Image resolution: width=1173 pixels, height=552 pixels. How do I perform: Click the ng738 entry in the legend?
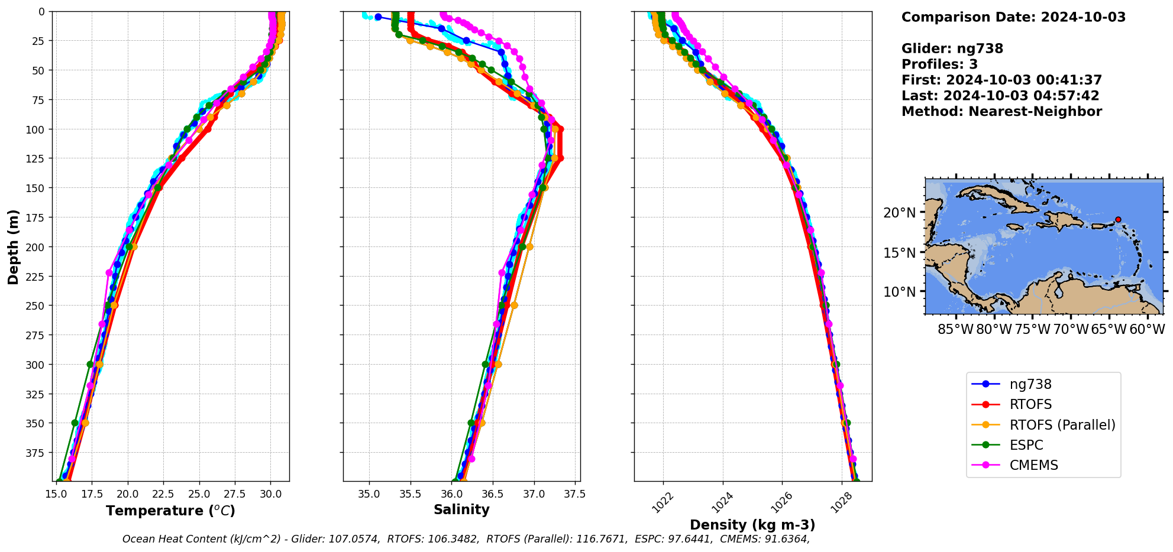coord(1030,384)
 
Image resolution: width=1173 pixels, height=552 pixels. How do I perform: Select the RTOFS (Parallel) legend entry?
coord(1062,425)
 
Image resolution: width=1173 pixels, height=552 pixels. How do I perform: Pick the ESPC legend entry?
coord(1026,445)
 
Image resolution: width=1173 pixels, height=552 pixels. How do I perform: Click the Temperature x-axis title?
coord(170,511)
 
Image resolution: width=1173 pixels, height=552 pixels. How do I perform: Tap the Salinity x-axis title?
coord(461,509)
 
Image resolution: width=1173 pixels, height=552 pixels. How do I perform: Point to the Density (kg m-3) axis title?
coord(752,525)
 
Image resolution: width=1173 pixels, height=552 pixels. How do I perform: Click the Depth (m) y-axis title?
coord(13,246)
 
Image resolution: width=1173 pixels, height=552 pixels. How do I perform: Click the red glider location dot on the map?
coord(1118,219)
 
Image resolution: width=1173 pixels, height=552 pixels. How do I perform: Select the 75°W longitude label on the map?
coord(1033,329)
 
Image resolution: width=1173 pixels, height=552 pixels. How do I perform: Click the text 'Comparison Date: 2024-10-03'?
coord(1013,17)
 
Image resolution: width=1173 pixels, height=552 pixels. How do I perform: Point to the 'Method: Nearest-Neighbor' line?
coord(1001,112)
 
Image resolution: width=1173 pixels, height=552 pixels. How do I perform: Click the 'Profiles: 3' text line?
coord(939,64)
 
